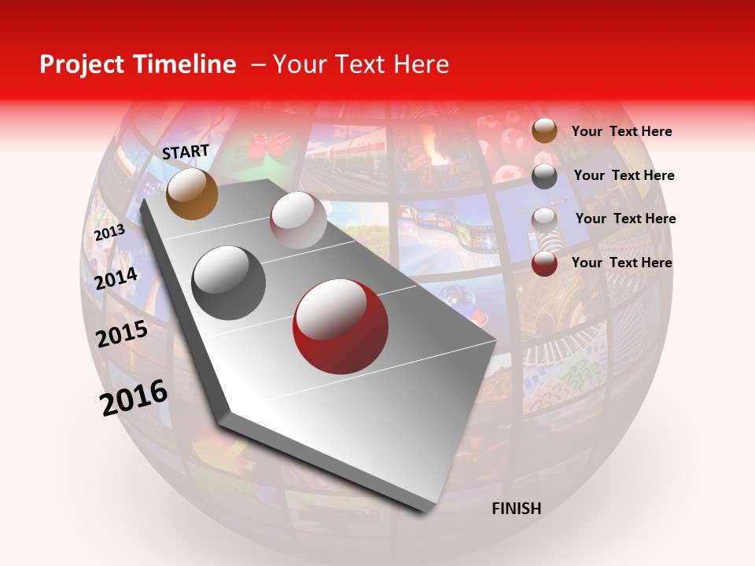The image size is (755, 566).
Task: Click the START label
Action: click(x=186, y=152)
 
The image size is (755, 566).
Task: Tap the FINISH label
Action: click(x=517, y=509)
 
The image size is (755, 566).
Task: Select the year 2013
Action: click(x=109, y=233)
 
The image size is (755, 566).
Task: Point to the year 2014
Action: click(x=116, y=278)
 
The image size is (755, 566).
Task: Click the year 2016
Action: click(x=134, y=397)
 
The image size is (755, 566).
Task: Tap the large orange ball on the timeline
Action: click(x=192, y=193)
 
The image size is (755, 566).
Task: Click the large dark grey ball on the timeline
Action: click(x=229, y=282)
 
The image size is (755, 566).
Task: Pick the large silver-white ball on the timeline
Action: click(x=298, y=220)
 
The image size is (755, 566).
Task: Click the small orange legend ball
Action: click(x=544, y=131)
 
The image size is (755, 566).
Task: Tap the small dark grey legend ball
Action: click(x=544, y=176)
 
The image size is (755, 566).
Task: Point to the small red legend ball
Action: click(x=544, y=263)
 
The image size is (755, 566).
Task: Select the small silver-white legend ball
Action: click(x=544, y=219)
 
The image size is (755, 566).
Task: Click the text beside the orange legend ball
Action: click(x=621, y=131)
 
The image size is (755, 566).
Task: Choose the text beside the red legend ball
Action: click(x=621, y=263)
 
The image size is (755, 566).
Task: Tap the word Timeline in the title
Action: click(x=189, y=64)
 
